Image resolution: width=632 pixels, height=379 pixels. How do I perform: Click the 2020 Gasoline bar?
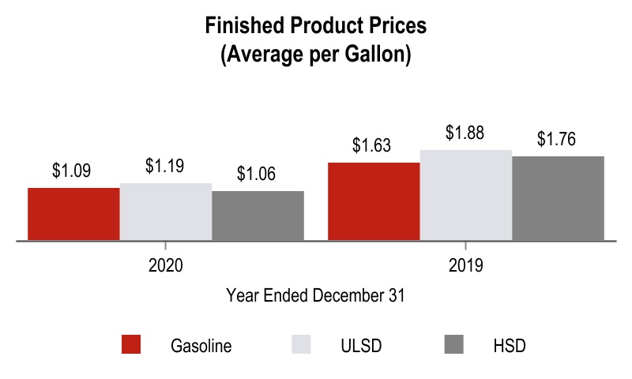[x=73, y=213]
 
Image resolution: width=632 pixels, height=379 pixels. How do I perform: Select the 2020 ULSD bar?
[x=166, y=211]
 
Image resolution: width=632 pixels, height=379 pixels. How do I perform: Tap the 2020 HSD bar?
[x=258, y=215]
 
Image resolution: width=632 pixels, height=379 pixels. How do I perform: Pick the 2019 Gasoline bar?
[x=374, y=201]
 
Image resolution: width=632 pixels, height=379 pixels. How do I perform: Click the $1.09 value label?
[x=71, y=171]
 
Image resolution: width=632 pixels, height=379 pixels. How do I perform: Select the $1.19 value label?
[x=165, y=166]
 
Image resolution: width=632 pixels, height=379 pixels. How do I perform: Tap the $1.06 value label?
[x=257, y=174]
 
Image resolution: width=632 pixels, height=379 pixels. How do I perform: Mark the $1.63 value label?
[x=372, y=145]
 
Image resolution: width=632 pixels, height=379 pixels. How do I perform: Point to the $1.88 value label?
[x=465, y=132]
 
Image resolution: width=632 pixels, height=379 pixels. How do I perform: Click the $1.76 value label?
[x=557, y=139]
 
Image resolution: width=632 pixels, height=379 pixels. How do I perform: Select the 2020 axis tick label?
[x=166, y=265]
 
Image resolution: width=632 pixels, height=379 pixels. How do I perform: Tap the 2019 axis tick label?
[x=465, y=265]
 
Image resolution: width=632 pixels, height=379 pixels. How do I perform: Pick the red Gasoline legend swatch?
[x=131, y=345]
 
